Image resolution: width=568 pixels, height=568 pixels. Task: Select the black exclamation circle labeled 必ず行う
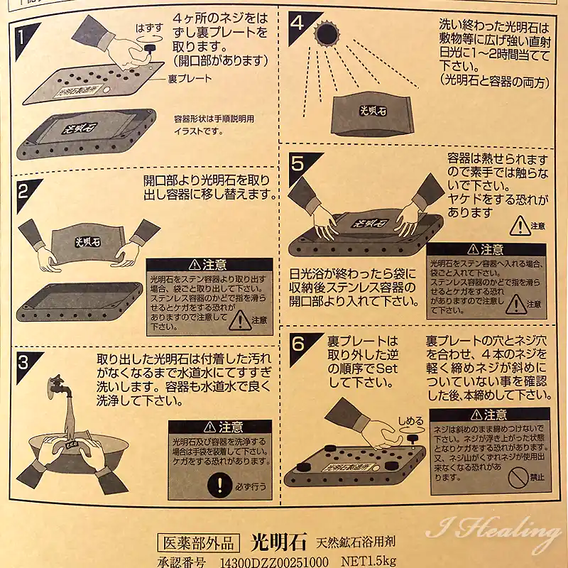click(220, 486)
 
